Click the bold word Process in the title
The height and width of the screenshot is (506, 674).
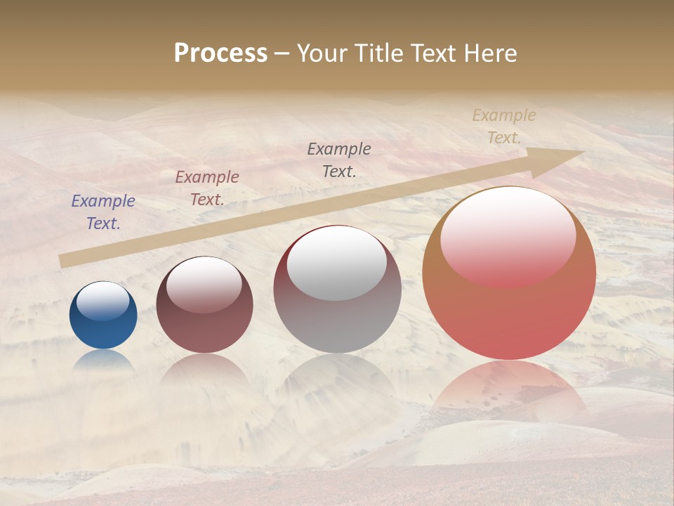[220, 53]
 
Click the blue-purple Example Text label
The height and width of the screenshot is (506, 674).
[103, 212]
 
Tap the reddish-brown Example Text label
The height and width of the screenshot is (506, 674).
[207, 188]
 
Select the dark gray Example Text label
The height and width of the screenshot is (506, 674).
[339, 160]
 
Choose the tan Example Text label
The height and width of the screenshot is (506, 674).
[504, 126]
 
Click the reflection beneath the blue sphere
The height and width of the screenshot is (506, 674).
[103, 361]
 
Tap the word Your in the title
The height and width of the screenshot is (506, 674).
[319, 53]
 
